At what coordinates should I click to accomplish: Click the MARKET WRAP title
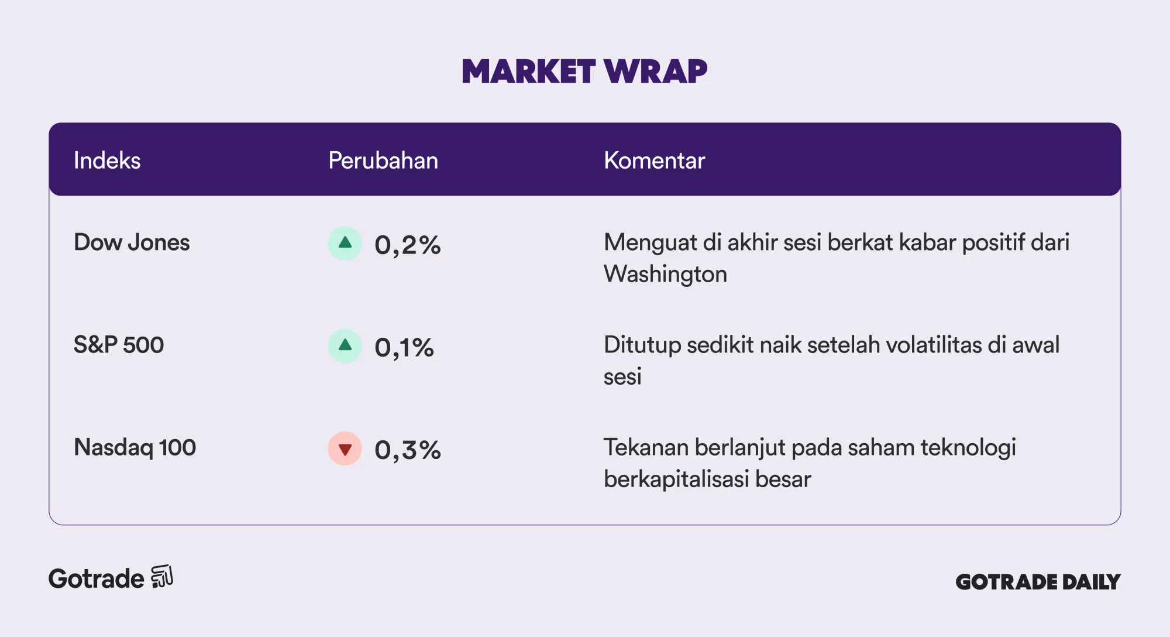click(584, 71)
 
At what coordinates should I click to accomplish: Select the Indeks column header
click(107, 160)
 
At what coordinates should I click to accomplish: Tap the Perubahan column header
click(383, 160)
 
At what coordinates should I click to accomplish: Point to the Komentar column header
click(654, 160)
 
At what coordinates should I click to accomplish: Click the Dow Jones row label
click(132, 242)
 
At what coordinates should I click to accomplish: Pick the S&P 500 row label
click(119, 345)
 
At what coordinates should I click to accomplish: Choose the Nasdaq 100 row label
click(135, 447)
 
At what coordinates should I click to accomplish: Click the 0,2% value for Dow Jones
click(408, 245)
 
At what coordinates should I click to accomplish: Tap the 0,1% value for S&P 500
click(404, 347)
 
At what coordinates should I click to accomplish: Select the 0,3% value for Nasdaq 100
click(408, 450)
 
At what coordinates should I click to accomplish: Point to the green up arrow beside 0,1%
click(345, 346)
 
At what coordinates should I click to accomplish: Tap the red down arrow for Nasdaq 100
click(345, 448)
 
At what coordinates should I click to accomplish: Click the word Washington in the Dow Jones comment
click(666, 274)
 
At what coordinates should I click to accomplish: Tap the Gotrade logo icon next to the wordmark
click(162, 577)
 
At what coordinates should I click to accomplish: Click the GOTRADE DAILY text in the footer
click(1038, 582)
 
